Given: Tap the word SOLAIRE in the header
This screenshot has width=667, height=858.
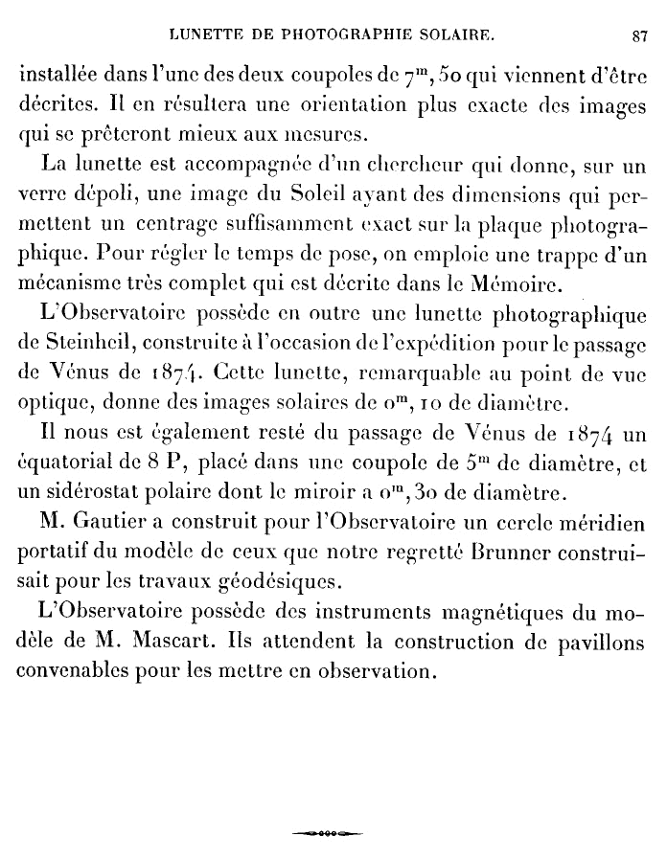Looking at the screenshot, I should [x=448, y=36].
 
